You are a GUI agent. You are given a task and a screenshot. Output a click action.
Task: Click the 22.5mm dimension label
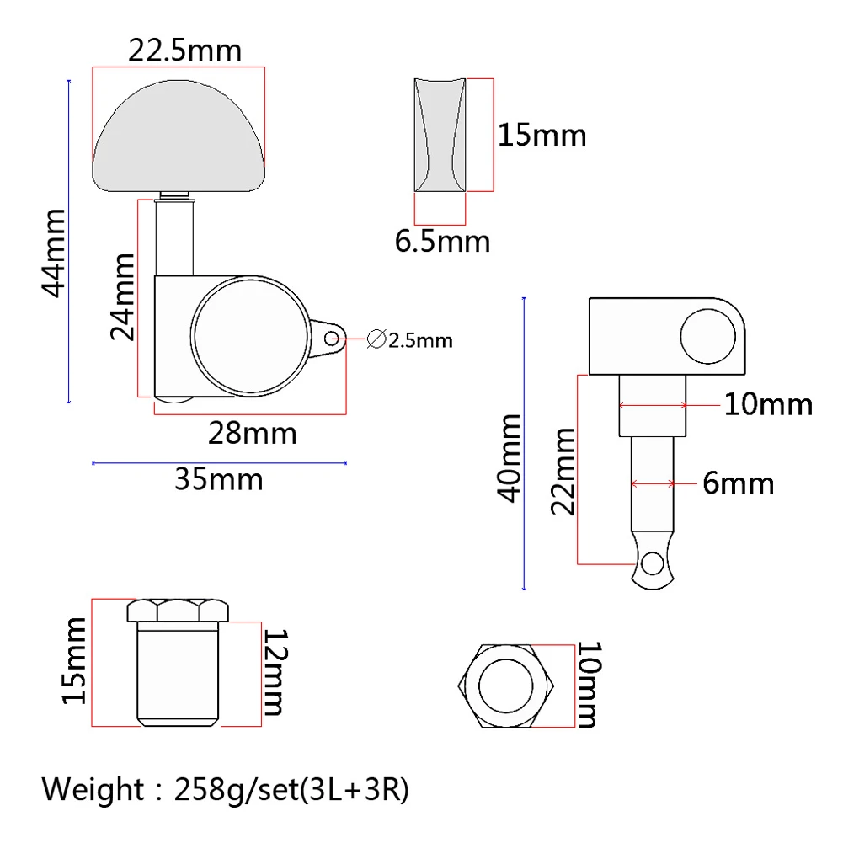point(184,51)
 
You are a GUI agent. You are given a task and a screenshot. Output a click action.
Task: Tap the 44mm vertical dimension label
point(54,253)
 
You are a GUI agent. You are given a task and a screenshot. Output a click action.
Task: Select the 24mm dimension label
point(122,296)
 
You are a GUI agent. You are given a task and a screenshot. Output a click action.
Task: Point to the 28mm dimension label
point(252,433)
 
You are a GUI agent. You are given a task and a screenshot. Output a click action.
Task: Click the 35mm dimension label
point(219,479)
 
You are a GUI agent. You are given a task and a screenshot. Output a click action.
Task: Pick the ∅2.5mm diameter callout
point(409,339)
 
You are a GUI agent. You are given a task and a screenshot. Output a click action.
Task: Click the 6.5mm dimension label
point(442,241)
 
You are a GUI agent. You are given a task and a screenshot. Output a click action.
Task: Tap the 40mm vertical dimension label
point(509,458)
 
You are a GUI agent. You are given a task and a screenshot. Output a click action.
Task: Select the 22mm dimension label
point(563,472)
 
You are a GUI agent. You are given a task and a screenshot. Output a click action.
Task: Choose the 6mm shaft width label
point(739,483)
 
